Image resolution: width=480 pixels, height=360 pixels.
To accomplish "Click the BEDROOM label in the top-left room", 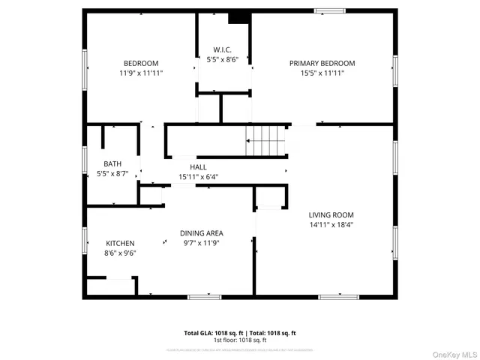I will [x=140, y=63].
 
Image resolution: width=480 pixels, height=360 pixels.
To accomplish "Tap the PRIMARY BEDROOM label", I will [x=322, y=63].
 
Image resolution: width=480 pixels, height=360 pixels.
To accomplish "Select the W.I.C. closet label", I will [x=222, y=49].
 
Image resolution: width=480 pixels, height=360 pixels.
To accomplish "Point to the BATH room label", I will [x=112, y=163].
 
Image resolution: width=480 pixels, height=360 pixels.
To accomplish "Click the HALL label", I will [x=198, y=167].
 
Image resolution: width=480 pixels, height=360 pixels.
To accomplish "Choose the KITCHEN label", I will [x=120, y=243].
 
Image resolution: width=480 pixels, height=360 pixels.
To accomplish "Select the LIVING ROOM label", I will [x=331, y=214].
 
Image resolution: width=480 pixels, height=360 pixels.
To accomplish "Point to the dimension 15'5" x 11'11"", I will [x=322, y=73].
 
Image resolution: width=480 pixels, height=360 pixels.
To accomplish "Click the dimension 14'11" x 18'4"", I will [x=331, y=223].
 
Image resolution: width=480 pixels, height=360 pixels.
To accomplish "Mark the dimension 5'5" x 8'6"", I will [x=222, y=59].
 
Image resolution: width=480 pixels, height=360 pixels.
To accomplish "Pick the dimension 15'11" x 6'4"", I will [x=198, y=177].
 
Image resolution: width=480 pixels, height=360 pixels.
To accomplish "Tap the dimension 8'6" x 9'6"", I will [x=120, y=253].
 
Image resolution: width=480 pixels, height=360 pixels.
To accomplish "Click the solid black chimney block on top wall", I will [x=239, y=17].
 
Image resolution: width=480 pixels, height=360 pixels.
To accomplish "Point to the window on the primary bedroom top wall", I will [x=330, y=11].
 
